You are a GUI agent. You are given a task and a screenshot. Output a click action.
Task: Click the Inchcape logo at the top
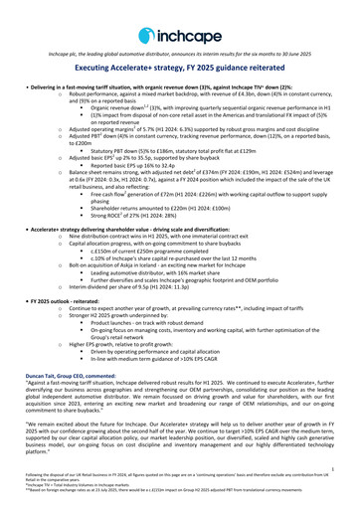tap(179, 21)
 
